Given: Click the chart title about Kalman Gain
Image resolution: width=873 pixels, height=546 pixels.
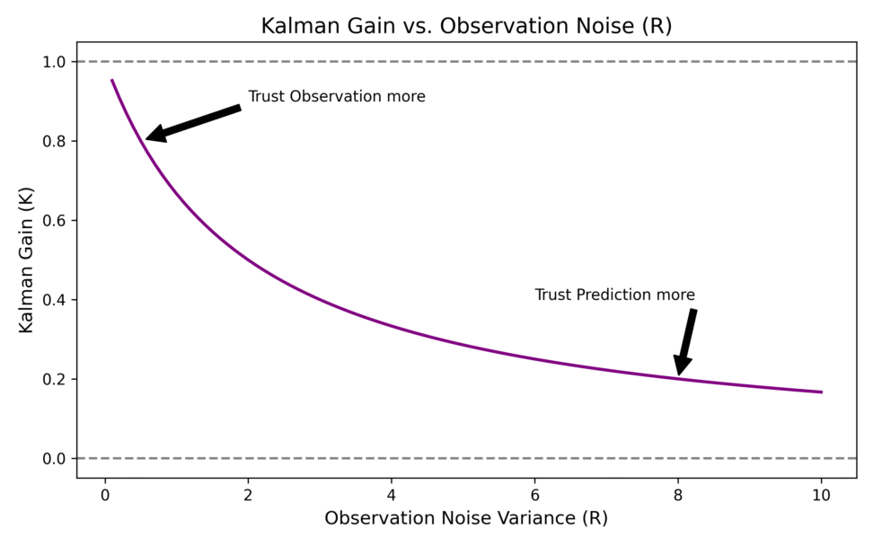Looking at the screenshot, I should point(466,26).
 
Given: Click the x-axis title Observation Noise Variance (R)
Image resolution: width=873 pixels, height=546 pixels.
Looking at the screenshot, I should point(466,518).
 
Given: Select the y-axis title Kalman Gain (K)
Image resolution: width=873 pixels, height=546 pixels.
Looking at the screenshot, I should point(26,260).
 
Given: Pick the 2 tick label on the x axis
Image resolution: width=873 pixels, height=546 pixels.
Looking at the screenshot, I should point(248,494).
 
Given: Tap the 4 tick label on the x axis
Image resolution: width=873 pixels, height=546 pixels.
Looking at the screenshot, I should point(392,494).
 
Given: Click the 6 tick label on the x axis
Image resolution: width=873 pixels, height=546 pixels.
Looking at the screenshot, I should point(534,494).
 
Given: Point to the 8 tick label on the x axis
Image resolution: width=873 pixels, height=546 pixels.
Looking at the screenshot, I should point(678,494).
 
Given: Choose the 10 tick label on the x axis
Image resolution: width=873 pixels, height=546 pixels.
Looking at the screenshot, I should point(821,494).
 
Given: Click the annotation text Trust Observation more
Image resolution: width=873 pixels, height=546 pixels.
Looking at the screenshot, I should point(337,96).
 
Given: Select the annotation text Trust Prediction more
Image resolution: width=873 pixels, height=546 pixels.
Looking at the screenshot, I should point(615,295).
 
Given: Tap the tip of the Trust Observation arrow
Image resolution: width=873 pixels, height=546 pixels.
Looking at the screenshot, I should point(146,139).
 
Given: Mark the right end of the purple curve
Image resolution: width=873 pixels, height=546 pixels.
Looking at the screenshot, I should point(822,392).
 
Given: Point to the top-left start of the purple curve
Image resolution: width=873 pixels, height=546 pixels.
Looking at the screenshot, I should point(112,81).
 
